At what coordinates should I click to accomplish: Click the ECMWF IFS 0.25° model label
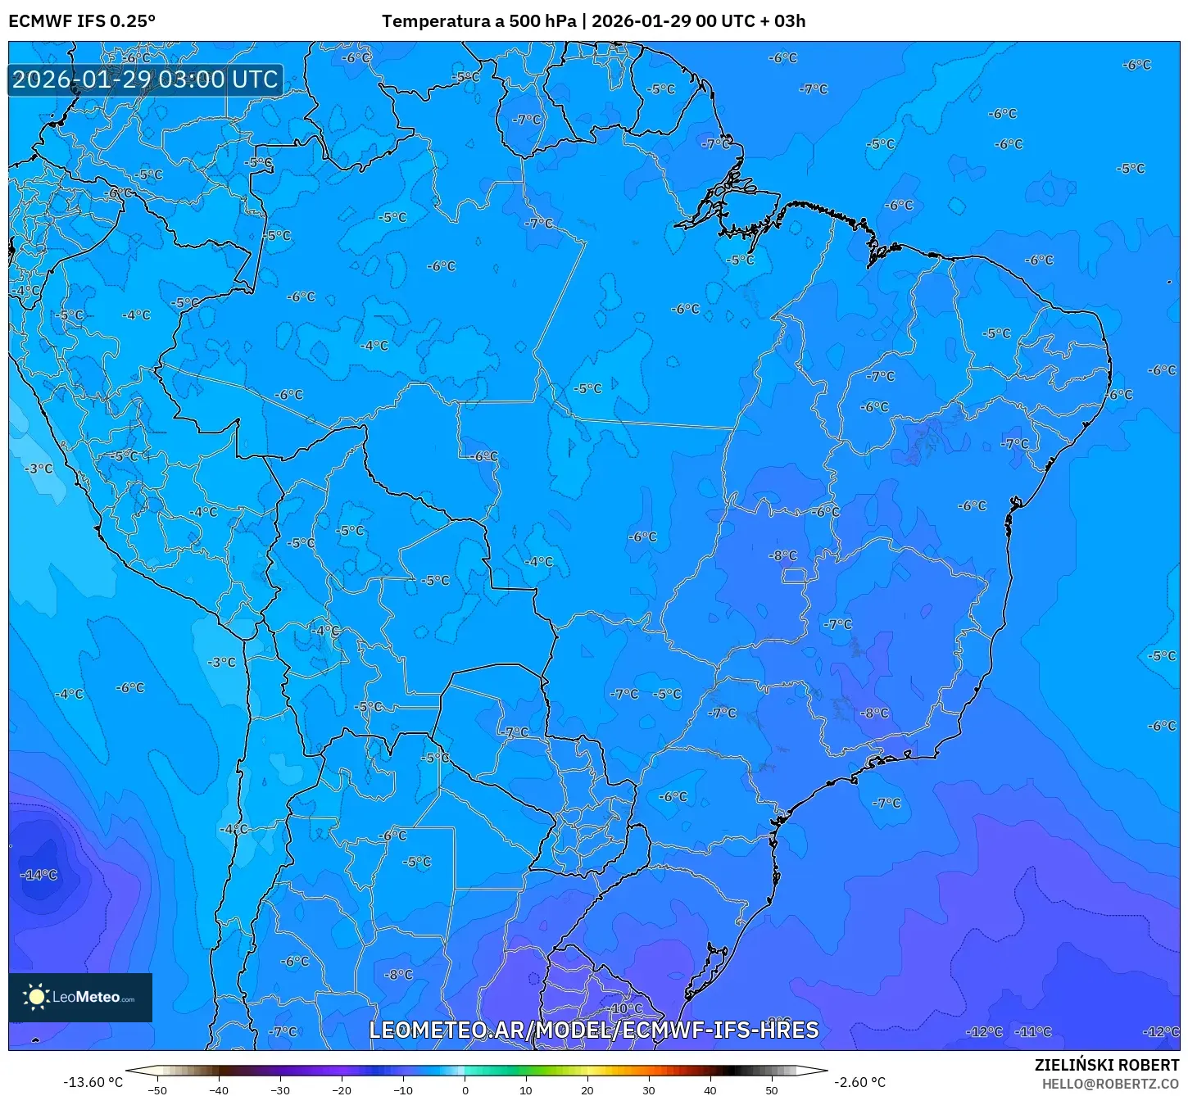82,21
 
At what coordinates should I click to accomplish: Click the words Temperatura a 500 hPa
478,21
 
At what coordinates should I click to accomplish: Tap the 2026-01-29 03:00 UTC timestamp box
145,79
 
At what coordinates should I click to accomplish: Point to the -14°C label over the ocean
39,875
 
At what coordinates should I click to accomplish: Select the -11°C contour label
1033,1032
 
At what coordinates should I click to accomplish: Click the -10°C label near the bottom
627,1008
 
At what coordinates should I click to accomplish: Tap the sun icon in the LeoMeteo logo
36,997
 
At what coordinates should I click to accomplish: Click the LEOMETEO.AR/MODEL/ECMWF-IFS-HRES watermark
594,1030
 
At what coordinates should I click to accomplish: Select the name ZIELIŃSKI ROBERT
1106,1065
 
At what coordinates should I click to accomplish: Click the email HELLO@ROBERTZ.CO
1110,1084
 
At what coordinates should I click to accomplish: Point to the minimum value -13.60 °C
93,1082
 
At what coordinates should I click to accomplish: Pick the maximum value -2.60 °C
859,1082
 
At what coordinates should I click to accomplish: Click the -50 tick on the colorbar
157,1090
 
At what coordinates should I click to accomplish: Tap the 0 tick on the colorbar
465,1090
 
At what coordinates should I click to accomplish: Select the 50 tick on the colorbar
772,1090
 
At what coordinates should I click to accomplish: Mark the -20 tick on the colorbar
342,1090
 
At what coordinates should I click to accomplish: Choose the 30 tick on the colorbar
649,1090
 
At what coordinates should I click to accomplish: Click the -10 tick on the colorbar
403,1090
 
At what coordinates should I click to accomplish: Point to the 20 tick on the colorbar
587,1090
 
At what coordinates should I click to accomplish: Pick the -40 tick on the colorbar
219,1090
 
